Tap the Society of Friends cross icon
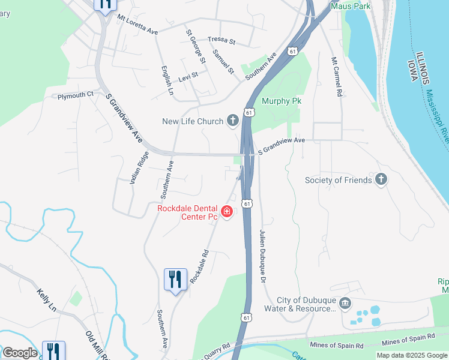[381, 179]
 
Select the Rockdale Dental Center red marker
[227, 211]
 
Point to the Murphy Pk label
[281, 101]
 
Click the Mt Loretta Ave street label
[137, 24]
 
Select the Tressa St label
[222, 41]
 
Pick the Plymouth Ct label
[76, 94]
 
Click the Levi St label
[188, 78]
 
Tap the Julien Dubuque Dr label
[262, 256]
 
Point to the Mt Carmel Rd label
[337, 77]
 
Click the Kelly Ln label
[46, 300]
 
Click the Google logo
[20, 352]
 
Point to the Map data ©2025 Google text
[412, 355]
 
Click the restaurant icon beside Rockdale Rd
[175, 280]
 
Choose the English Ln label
[166, 80]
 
